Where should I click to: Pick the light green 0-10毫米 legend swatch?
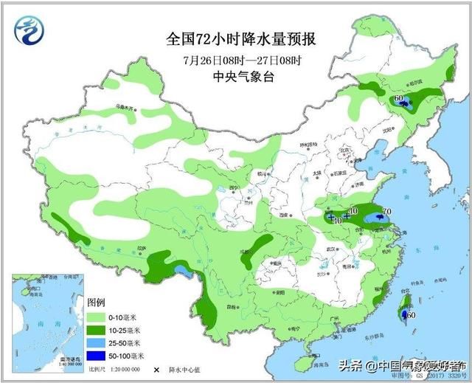(97, 317)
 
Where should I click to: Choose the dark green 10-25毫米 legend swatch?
(97, 330)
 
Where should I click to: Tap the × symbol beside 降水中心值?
(156, 369)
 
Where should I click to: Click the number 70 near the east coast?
(386, 213)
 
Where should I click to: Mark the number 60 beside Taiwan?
(411, 315)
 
